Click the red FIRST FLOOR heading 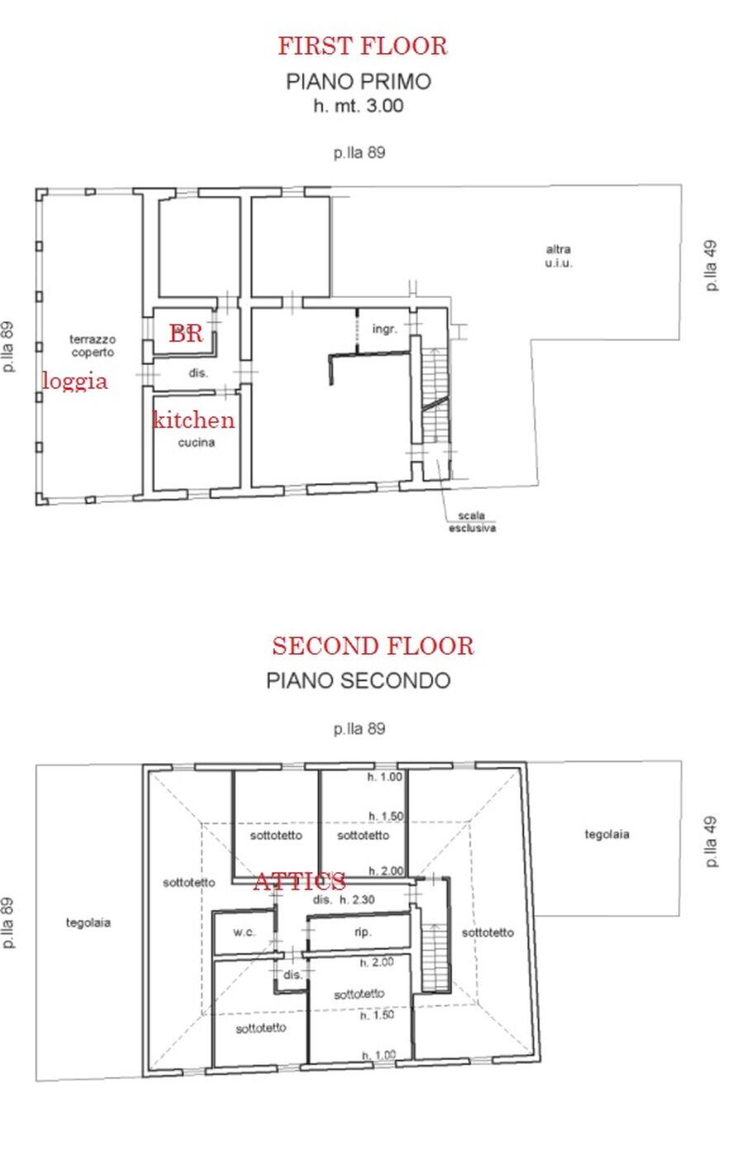[362, 45]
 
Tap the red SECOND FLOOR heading [372, 646]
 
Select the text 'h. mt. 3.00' [358, 106]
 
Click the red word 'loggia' [75, 382]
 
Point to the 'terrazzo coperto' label [92, 346]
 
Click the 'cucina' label [196, 442]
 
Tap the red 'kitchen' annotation [194, 419]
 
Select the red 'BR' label [186, 334]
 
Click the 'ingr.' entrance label [385, 329]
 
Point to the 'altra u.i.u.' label [558, 256]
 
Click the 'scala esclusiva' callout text [472, 521]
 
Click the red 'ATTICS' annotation [300, 880]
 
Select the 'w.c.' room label [244, 932]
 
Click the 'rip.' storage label [362, 932]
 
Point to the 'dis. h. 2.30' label [343, 899]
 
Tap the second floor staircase [434, 956]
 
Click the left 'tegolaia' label [88, 922]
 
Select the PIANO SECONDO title [358, 680]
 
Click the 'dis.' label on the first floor [198, 372]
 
